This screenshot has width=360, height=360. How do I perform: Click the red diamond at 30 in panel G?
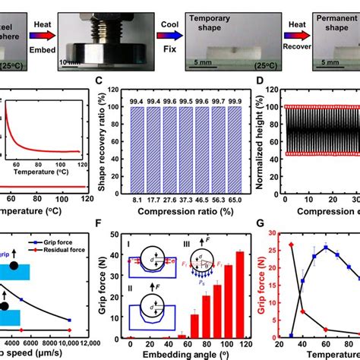[x=290, y=245]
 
